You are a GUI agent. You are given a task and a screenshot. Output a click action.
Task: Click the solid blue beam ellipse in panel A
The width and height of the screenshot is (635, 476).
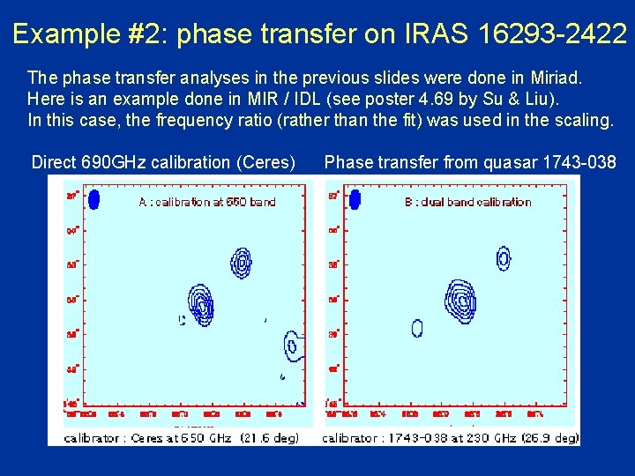[93, 199]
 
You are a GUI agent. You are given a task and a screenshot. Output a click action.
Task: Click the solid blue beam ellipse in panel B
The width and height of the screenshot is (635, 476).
[355, 199]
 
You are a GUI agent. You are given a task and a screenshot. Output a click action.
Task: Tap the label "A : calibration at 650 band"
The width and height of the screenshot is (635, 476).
[207, 202]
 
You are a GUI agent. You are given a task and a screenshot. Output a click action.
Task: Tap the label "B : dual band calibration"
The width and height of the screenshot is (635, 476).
[467, 202]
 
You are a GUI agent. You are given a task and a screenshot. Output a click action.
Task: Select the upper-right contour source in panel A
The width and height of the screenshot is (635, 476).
[241, 260]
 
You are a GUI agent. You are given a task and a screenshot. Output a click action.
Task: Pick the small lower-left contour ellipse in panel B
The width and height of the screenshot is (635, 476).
[417, 328]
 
